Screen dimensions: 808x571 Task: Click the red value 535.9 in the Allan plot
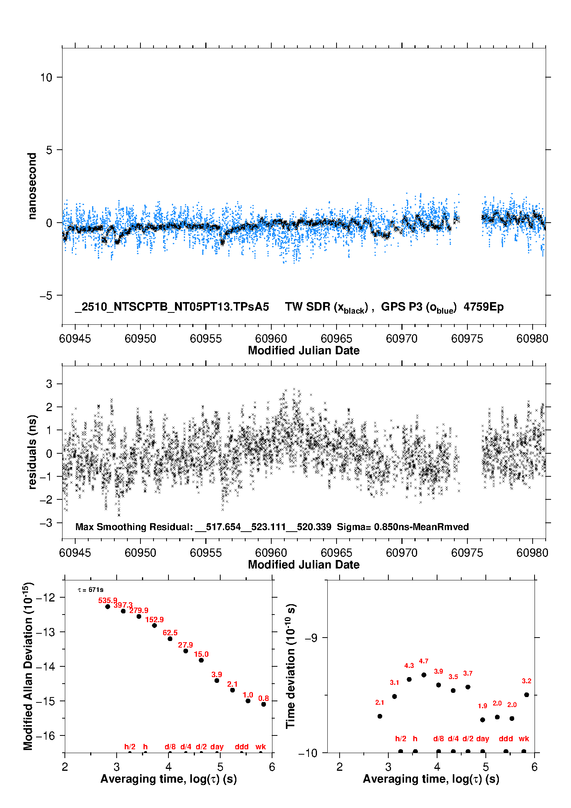pyautogui.click(x=107, y=600)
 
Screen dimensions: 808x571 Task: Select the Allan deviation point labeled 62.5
pyautogui.click(x=170, y=639)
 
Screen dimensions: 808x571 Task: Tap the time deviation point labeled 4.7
pyautogui.click(x=424, y=675)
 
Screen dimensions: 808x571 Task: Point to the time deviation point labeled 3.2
pyautogui.click(x=526, y=695)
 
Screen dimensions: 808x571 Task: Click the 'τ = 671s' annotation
pyautogui.click(x=91, y=590)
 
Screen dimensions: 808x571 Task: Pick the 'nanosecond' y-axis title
pyautogui.click(x=32, y=186)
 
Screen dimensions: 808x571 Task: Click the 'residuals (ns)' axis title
pyautogui.click(x=32, y=452)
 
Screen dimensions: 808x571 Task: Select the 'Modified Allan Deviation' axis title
pyautogui.click(x=28, y=666)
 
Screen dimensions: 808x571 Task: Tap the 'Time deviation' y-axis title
pyautogui.click(x=291, y=666)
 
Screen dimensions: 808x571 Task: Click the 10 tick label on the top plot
pyautogui.click(x=46, y=78)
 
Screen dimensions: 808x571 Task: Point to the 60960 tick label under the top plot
pyautogui.click(x=271, y=339)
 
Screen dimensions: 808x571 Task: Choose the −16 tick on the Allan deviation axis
pyautogui.click(x=45, y=735)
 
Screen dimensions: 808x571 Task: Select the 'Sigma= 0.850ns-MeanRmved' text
pyautogui.click(x=403, y=527)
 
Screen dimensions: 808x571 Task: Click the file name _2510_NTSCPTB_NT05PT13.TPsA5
pyautogui.click(x=172, y=307)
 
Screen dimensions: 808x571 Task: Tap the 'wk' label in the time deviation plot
pyautogui.click(x=524, y=739)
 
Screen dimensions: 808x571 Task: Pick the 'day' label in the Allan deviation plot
pyautogui.click(x=217, y=747)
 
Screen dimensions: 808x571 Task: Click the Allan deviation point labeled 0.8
pyautogui.click(x=264, y=704)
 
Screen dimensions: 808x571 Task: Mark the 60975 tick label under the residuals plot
pyautogui.click(x=467, y=553)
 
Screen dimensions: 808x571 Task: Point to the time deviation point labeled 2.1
pyautogui.click(x=380, y=716)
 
